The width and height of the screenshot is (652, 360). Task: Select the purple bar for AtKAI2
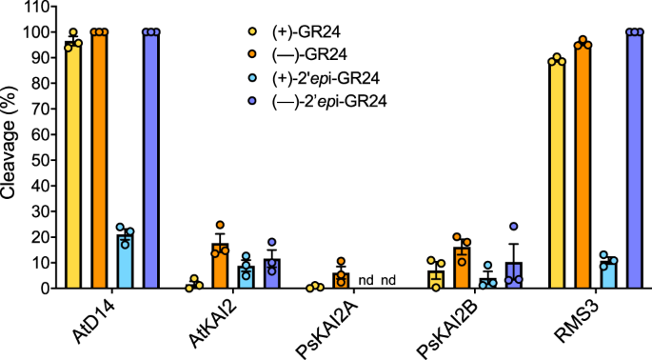(271, 273)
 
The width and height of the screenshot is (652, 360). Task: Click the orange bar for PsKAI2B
(462, 268)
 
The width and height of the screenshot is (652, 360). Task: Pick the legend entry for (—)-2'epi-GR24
(332, 100)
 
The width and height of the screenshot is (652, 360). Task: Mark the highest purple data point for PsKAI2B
(514, 227)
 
